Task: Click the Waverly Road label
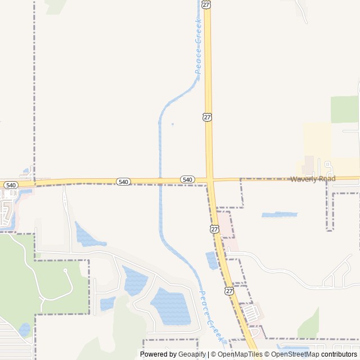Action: tap(313, 179)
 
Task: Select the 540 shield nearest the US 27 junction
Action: tap(187, 179)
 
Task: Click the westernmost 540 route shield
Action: tap(11, 184)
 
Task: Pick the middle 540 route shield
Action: tap(124, 182)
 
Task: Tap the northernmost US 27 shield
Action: tap(207, 4)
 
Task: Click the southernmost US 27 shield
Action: tap(229, 290)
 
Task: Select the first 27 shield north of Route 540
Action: tap(208, 117)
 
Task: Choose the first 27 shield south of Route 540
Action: tap(215, 229)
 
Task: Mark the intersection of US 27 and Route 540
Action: tap(210, 180)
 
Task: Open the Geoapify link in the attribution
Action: tap(192, 354)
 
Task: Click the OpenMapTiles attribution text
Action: tap(237, 354)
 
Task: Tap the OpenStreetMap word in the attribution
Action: tap(292, 354)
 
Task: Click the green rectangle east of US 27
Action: tap(344, 109)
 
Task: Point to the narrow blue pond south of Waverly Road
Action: tap(279, 215)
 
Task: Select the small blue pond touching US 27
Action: tap(212, 260)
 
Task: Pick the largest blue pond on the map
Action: tap(170, 306)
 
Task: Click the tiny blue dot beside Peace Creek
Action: tap(172, 124)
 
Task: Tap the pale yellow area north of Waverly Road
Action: tap(318, 141)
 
